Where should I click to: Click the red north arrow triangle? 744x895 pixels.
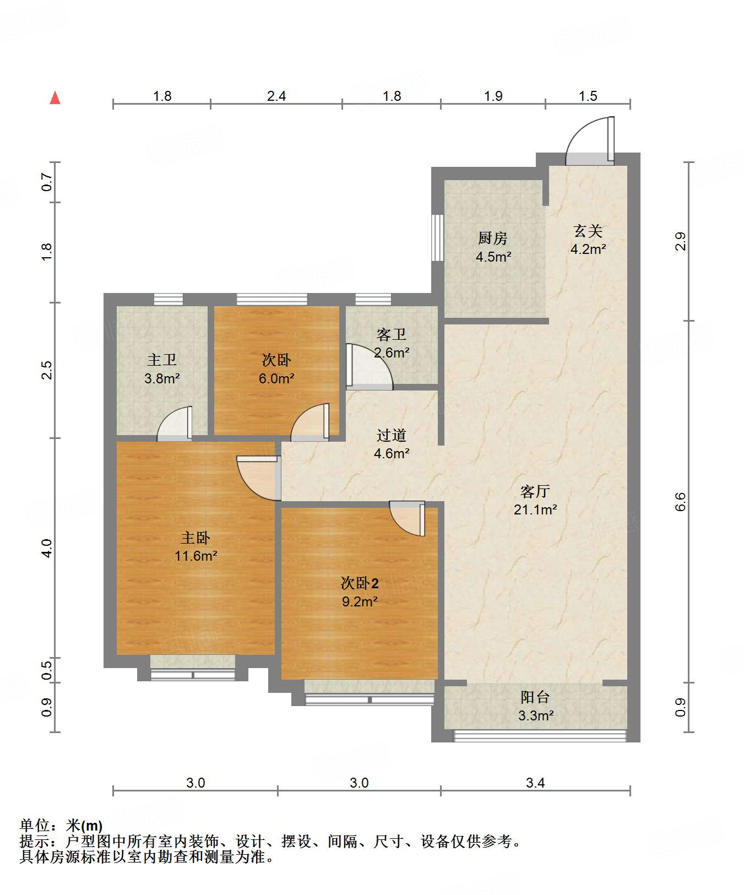coord(55,97)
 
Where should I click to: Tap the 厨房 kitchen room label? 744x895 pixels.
coord(493,238)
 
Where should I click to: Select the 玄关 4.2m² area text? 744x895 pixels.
coord(588,249)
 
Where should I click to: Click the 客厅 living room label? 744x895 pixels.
coord(535,491)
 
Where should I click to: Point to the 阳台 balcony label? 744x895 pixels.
coord(535,697)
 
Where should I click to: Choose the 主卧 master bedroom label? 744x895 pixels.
coord(195,537)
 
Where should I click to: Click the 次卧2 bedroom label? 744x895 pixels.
coord(360,583)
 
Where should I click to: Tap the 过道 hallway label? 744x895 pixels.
coord(392,435)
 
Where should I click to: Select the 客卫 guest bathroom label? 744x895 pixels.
coord(392,334)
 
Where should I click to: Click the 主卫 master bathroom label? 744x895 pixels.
coord(162,360)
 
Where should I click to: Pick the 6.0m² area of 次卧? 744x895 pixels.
coord(276,378)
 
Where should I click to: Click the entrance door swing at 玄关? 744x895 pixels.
coord(590,140)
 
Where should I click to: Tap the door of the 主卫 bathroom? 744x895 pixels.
coord(175,424)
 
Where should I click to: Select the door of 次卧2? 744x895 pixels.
coord(408,518)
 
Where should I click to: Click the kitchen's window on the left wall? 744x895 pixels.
coord(437,237)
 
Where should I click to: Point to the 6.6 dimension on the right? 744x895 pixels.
coord(681,501)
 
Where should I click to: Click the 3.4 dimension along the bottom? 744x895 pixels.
coord(535,783)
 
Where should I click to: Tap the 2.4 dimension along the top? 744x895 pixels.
coord(276,96)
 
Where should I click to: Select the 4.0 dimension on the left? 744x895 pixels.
coord(47,548)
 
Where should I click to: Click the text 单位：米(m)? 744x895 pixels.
coord(61,826)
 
